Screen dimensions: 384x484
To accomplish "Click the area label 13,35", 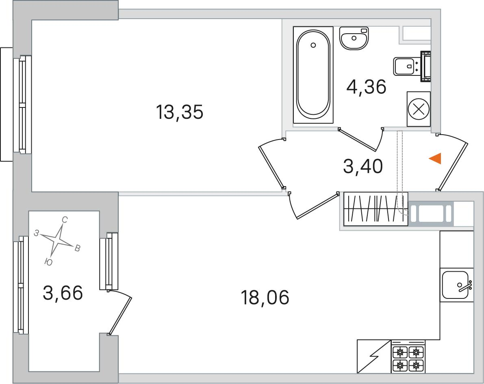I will [179, 112].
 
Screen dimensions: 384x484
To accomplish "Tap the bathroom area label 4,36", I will [366, 86].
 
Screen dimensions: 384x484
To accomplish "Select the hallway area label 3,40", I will [363, 167].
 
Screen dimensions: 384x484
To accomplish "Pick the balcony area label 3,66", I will [63, 293].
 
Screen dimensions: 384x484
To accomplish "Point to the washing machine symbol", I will [419, 109].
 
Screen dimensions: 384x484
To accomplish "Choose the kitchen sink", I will [456, 285].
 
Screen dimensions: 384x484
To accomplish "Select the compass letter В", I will [77, 249].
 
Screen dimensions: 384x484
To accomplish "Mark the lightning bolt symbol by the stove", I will [373, 356].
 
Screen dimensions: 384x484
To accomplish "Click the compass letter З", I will [37, 233].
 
